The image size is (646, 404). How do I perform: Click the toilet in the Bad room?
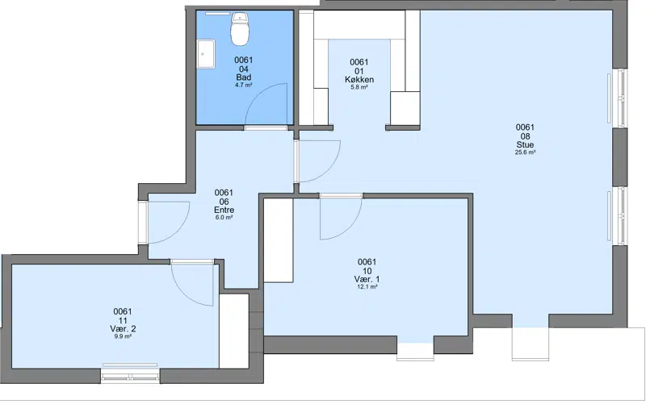(240, 29)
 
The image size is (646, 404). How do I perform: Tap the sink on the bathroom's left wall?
(206, 53)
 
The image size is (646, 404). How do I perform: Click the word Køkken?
(359, 79)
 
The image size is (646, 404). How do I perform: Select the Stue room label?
(525, 144)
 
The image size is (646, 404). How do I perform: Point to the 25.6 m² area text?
(525, 152)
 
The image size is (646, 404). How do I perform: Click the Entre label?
(224, 210)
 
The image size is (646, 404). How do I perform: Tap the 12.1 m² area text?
(367, 287)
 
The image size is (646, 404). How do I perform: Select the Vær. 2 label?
(123, 329)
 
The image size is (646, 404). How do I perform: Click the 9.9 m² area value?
(123, 336)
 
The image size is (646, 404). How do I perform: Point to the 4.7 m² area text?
(244, 85)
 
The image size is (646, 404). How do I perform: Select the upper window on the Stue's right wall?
(618, 98)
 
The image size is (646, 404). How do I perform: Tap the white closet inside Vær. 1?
(278, 240)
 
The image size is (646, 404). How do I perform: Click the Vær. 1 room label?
(367, 279)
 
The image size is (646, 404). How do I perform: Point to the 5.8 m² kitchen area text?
(359, 87)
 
